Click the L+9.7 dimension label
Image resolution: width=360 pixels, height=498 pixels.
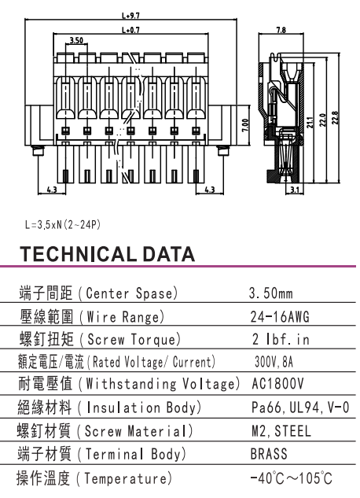(x=130, y=16)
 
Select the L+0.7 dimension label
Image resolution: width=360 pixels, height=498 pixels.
(x=130, y=30)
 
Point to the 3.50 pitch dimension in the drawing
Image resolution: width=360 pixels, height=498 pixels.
(x=76, y=40)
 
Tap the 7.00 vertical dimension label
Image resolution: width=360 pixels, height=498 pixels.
(x=245, y=126)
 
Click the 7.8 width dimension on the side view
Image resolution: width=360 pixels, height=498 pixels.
(x=281, y=30)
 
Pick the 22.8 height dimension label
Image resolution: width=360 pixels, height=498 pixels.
(x=336, y=118)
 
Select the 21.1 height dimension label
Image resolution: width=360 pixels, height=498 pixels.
(x=310, y=123)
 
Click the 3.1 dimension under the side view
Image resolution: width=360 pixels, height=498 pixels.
(x=295, y=190)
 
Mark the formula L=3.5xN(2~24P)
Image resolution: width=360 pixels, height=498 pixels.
(x=63, y=225)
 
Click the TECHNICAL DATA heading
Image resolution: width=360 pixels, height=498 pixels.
(x=107, y=254)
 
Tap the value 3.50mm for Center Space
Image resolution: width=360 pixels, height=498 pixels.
(x=271, y=293)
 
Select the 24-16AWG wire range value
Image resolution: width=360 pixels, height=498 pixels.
(x=280, y=316)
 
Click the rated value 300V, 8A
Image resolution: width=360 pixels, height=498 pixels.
(x=274, y=362)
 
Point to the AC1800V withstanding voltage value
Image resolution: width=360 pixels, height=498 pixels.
(x=277, y=384)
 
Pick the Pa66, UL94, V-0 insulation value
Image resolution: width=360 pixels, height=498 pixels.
(x=300, y=408)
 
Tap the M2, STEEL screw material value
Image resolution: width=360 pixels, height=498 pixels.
(x=281, y=431)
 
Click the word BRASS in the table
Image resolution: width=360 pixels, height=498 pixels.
(x=269, y=454)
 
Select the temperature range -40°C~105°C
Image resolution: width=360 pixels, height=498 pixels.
(x=291, y=478)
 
